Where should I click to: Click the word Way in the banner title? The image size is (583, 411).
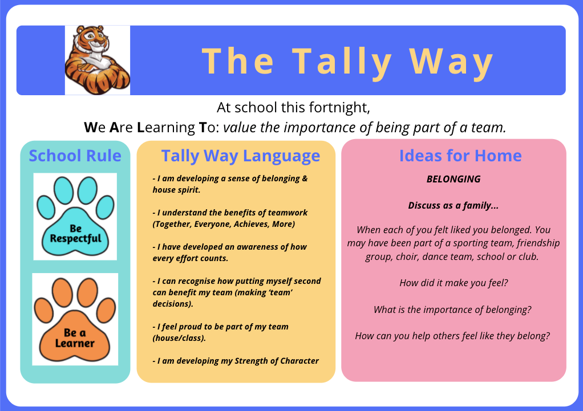pyautogui.click(x=451, y=62)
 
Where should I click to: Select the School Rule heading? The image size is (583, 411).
pyautogui.click(x=75, y=156)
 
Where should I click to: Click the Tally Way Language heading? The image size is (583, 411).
pyautogui.click(x=241, y=156)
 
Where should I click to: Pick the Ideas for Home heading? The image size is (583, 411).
pyautogui.click(x=460, y=156)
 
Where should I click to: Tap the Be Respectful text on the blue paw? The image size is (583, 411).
pyautogui.click(x=75, y=234)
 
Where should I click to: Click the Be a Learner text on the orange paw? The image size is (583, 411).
pyautogui.click(x=75, y=338)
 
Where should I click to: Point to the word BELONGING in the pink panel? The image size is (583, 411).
pyautogui.click(x=454, y=179)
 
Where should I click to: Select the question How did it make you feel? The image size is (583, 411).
pyautogui.click(x=454, y=283)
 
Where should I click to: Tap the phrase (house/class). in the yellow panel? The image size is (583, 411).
pyautogui.click(x=179, y=338)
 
